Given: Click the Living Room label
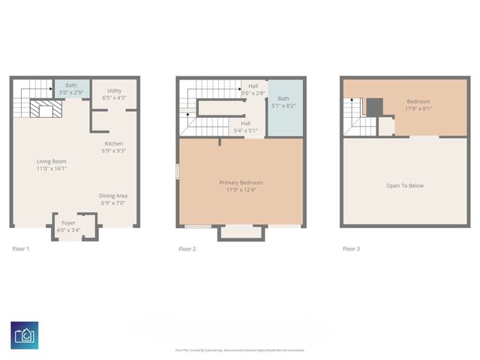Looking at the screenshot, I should click(52, 161).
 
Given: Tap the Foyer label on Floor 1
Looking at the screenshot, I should click(68, 223).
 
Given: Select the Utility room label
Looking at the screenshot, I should click(114, 91).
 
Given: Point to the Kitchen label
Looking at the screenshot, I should click(114, 143).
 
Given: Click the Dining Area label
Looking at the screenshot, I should click(113, 196).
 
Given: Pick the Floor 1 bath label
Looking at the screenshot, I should click(71, 85).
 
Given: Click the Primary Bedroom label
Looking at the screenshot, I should click(241, 182).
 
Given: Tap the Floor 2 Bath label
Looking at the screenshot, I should click(283, 98).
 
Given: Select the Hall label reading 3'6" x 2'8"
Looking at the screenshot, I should click(253, 86).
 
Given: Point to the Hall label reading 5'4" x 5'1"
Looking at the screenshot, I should click(245, 123).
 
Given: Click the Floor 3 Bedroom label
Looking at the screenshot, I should click(418, 101).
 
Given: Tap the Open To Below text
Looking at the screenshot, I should click(405, 185).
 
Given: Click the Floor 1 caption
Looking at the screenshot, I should click(20, 248).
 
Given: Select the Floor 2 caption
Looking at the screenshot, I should click(187, 248).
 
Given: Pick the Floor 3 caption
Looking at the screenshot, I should click(351, 248).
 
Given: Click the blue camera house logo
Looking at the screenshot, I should click(25, 334).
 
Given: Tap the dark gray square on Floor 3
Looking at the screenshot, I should click(373, 106).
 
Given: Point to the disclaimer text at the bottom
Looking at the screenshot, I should click(239, 349).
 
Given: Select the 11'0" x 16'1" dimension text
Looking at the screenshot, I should click(52, 169).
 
